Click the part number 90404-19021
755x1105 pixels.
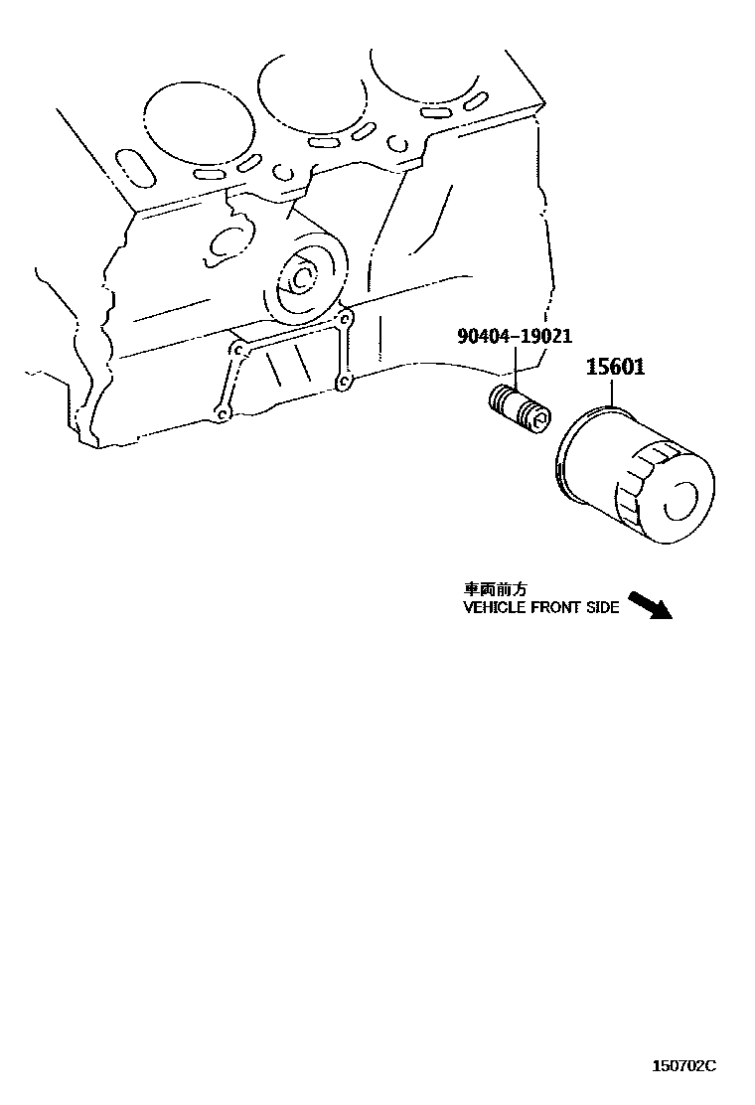(x=514, y=337)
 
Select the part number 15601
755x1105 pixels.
(x=615, y=367)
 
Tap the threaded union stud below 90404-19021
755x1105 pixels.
(x=518, y=407)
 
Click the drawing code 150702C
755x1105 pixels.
(x=682, y=1065)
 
